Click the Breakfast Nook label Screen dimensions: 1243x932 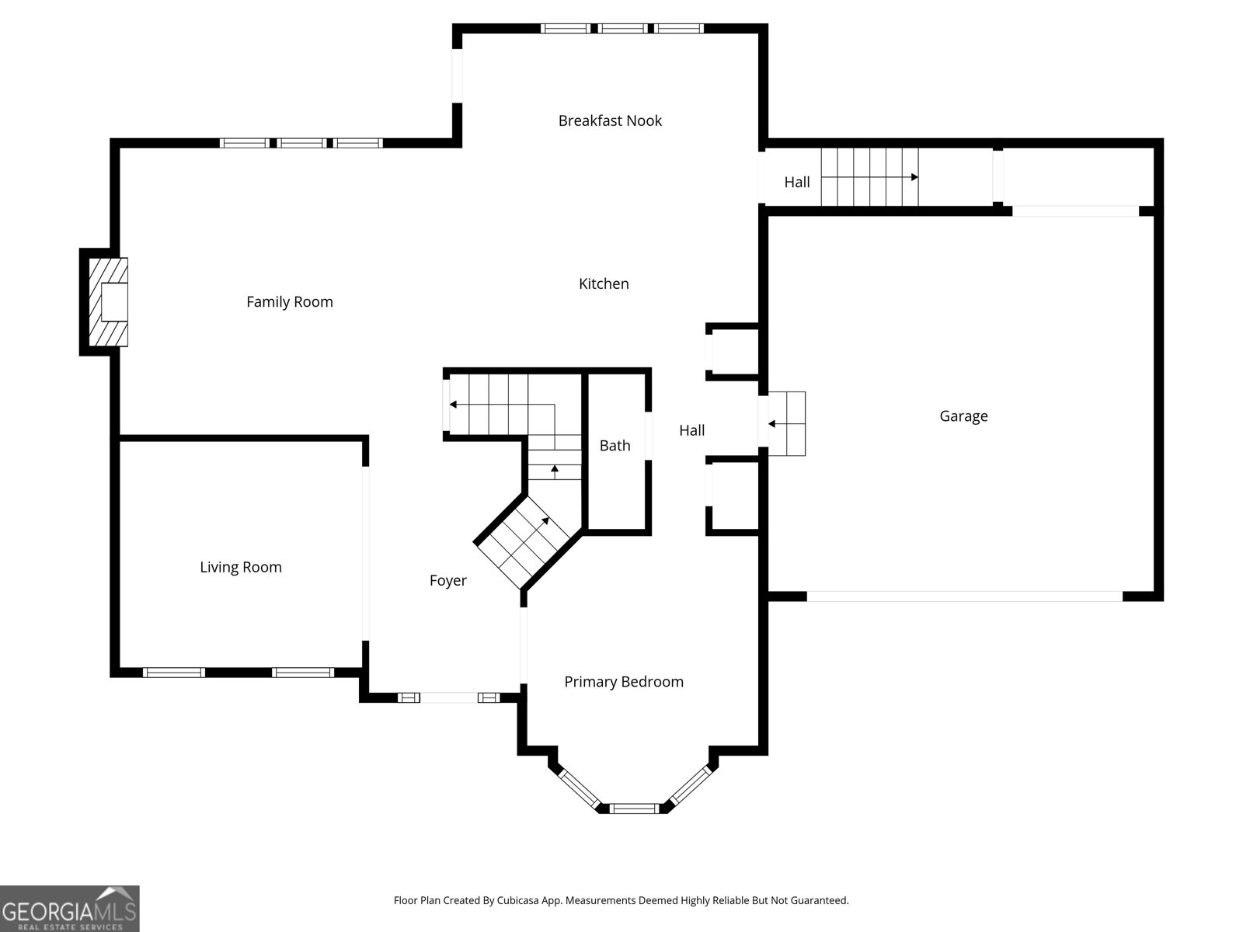pos(610,120)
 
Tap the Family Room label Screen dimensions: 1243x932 pos(289,302)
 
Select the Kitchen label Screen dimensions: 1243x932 pos(604,283)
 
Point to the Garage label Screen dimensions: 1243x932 pos(963,416)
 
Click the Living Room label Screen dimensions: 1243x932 pos(241,568)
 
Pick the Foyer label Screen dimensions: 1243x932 pos(448,581)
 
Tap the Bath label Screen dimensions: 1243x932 pos(615,446)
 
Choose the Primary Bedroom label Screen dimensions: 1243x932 pos(624,682)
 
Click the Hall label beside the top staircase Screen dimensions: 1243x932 pos(797,183)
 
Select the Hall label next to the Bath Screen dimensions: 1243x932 pos(691,430)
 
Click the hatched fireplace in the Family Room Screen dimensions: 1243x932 pos(108,302)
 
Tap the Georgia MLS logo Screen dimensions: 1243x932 pos(70,908)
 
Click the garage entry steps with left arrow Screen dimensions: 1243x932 pos(786,424)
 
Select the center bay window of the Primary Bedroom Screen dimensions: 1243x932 pos(634,809)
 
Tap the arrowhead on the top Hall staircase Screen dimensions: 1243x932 pos(914,177)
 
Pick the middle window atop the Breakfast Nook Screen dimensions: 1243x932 pos(622,28)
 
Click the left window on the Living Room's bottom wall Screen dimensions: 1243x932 pos(174,673)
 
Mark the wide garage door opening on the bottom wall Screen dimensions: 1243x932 pos(964,596)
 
